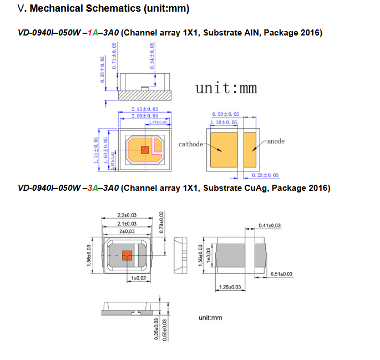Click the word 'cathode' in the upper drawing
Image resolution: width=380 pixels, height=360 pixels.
tap(191, 144)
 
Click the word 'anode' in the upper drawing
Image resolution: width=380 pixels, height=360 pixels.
tap(276, 141)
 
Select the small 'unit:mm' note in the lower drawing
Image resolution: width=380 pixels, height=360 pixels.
tap(210, 317)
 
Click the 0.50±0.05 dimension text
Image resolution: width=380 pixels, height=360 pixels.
tap(225, 114)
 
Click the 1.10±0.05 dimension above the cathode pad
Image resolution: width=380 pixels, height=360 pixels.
tap(224, 122)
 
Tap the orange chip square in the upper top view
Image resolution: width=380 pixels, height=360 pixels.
tap(145, 149)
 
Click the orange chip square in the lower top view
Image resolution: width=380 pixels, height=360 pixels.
tap(126, 255)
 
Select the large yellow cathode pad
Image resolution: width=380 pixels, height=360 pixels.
tap(223, 149)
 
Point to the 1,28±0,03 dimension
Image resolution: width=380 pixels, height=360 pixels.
tap(231, 287)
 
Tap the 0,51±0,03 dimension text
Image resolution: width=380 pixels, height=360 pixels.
tap(282, 274)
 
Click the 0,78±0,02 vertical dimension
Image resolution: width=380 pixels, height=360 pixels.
tap(161, 222)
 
